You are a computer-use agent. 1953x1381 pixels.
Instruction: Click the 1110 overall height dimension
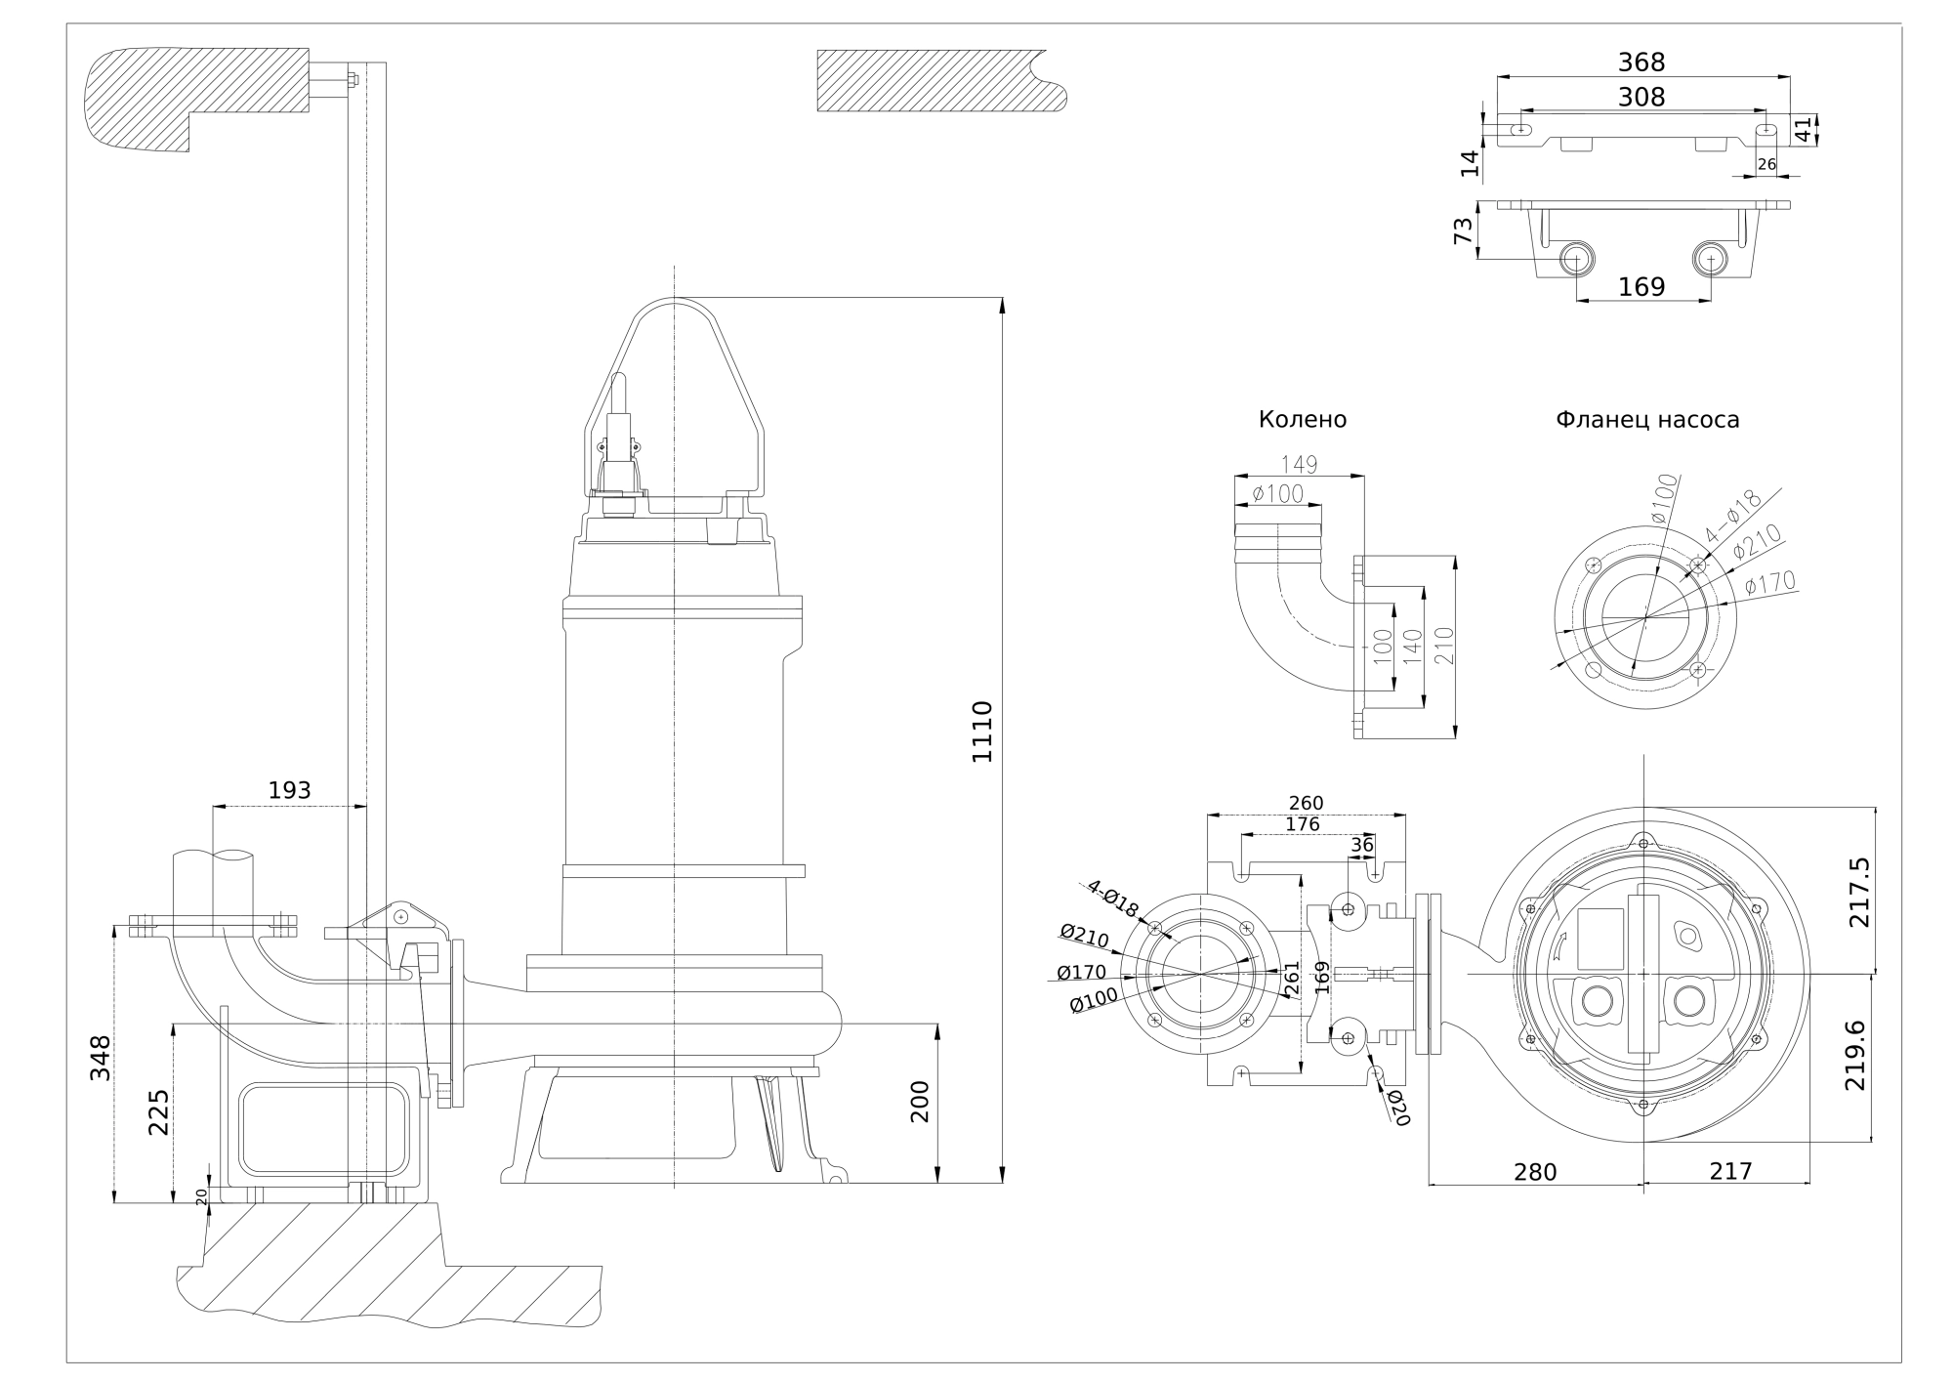click(x=982, y=732)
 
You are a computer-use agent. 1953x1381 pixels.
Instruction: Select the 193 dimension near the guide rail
click(x=289, y=790)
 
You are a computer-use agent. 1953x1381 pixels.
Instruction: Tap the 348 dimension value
click(x=101, y=1058)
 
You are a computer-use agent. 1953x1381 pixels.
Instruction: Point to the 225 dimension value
click(x=158, y=1112)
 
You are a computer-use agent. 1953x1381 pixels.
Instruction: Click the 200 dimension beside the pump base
click(x=920, y=1101)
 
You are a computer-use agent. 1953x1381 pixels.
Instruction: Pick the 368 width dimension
click(x=1641, y=63)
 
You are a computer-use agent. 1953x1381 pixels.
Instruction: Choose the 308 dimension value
click(x=1641, y=97)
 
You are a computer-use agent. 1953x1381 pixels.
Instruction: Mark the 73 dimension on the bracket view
click(x=1463, y=231)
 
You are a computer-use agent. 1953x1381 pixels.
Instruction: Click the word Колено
click(x=1303, y=420)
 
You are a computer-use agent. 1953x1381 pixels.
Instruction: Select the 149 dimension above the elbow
click(x=1299, y=465)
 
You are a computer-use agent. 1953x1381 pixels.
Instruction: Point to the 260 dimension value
click(x=1306, y=803)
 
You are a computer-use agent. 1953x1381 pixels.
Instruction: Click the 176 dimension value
click(x=1303, y=824)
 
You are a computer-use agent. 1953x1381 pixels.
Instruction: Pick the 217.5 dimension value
click(x=1859, y=892)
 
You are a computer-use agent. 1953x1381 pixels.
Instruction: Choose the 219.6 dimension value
click(x=1855, y=1056)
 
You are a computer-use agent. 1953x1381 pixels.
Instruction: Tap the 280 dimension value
click(x=1535, y=1171)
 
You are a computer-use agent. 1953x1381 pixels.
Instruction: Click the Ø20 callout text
click(x=1399, y=1108)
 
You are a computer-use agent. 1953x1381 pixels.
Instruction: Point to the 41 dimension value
click(x=1803, y=129)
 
